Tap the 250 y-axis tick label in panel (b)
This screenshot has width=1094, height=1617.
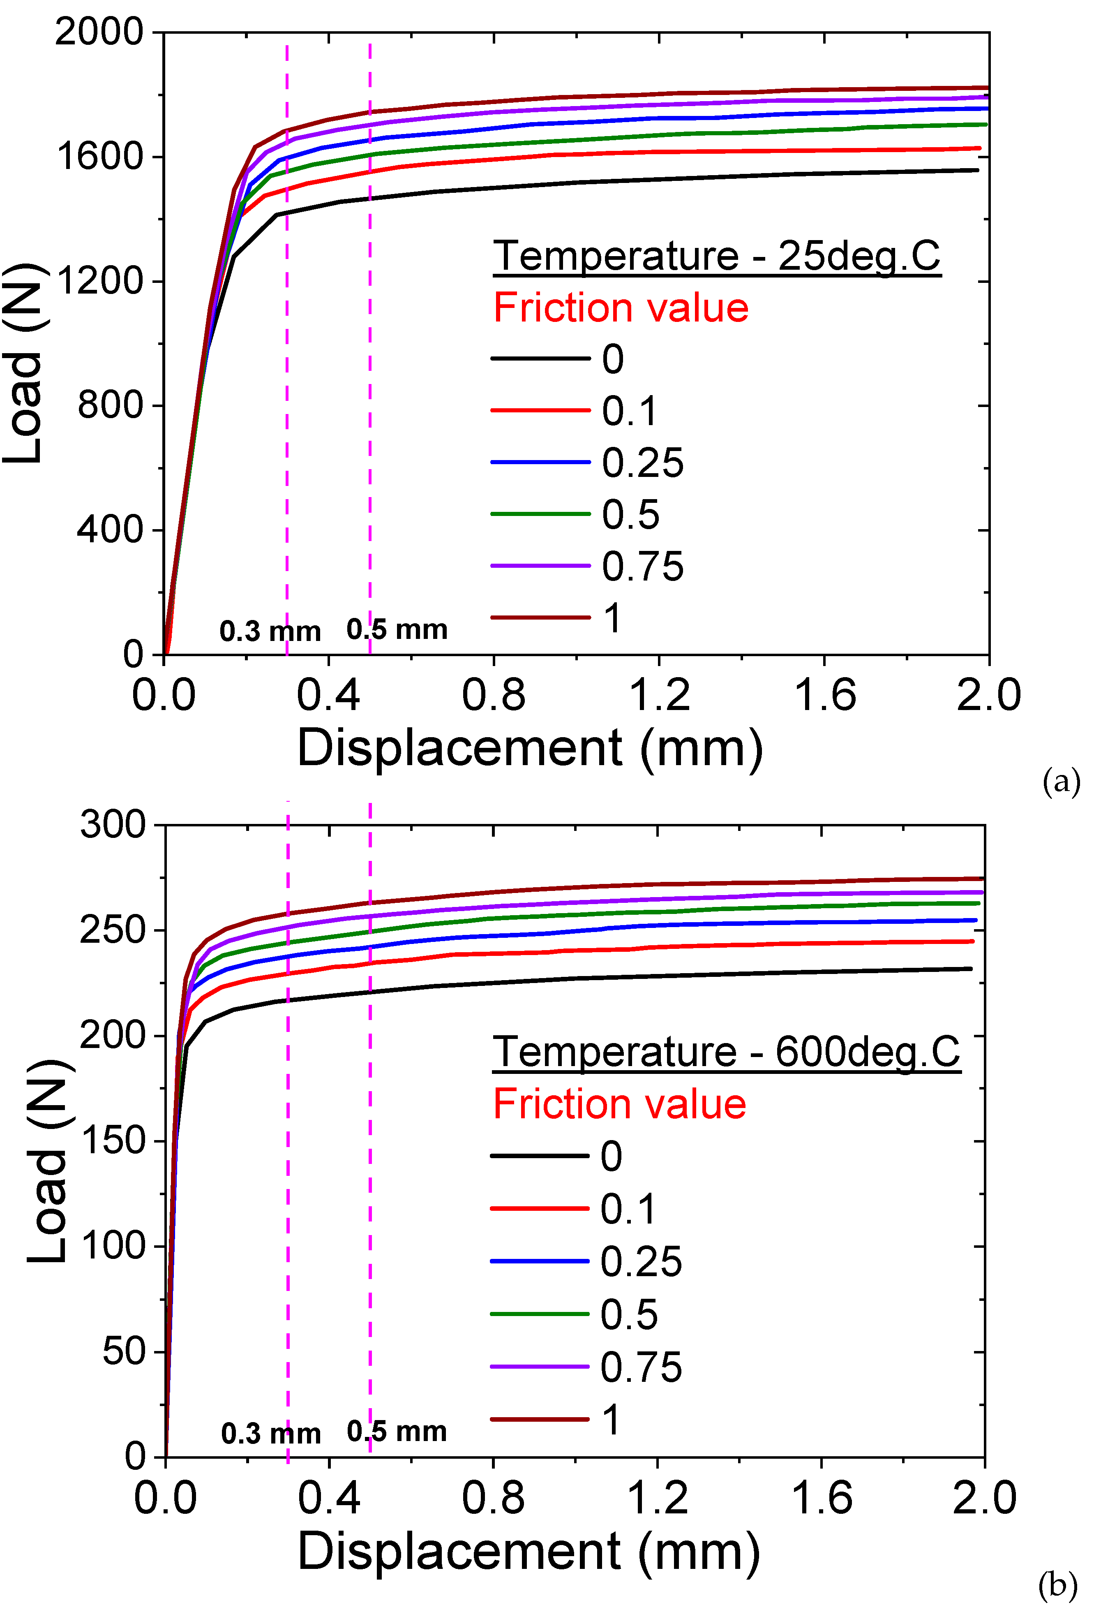[113, 930]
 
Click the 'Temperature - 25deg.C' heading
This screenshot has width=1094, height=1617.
[716, 256]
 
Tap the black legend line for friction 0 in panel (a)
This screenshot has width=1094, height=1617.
[540, 359]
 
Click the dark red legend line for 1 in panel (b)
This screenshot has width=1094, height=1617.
[540, 1419]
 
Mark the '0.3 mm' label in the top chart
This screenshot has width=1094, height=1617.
[270, 631]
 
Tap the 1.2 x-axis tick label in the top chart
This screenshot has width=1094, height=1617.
[659, 695]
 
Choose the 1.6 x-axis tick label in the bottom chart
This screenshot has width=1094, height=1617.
[822, 1497]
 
